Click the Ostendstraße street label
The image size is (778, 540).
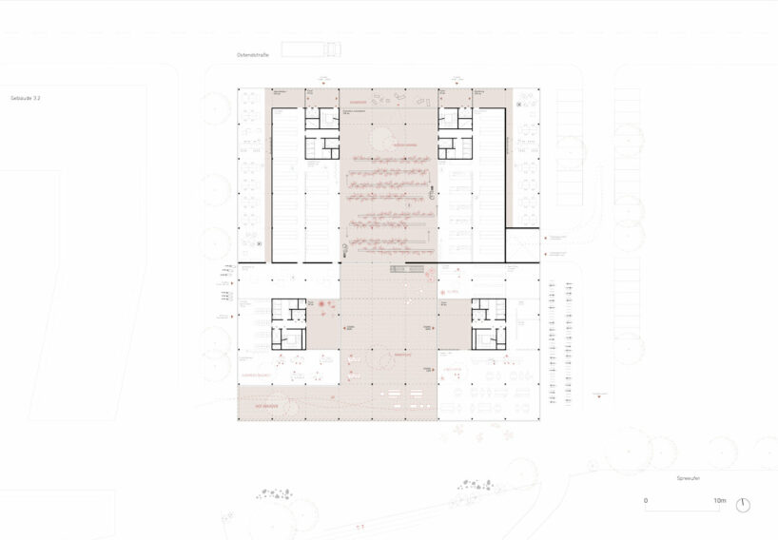pos(253,56)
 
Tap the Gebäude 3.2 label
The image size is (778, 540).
pos(26,98)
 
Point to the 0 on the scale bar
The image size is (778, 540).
pos(646,501)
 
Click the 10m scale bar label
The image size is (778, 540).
pos(719,501)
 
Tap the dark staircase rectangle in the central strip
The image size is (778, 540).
pos(405,269)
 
